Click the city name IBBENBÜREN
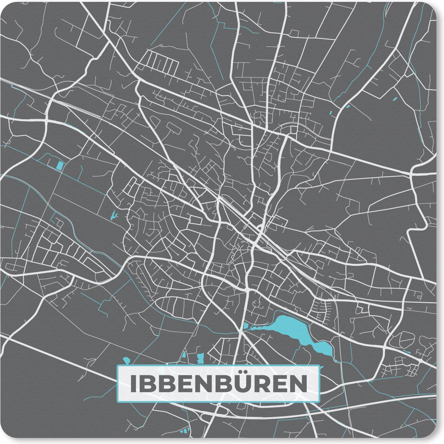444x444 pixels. pos(218,384)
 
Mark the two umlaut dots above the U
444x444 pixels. pos(242,375)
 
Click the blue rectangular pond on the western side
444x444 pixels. pos(59,165)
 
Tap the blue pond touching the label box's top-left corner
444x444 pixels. pos(126,360)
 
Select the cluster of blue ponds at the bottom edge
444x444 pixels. pos(184,431)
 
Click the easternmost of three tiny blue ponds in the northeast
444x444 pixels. pos(394,99)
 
